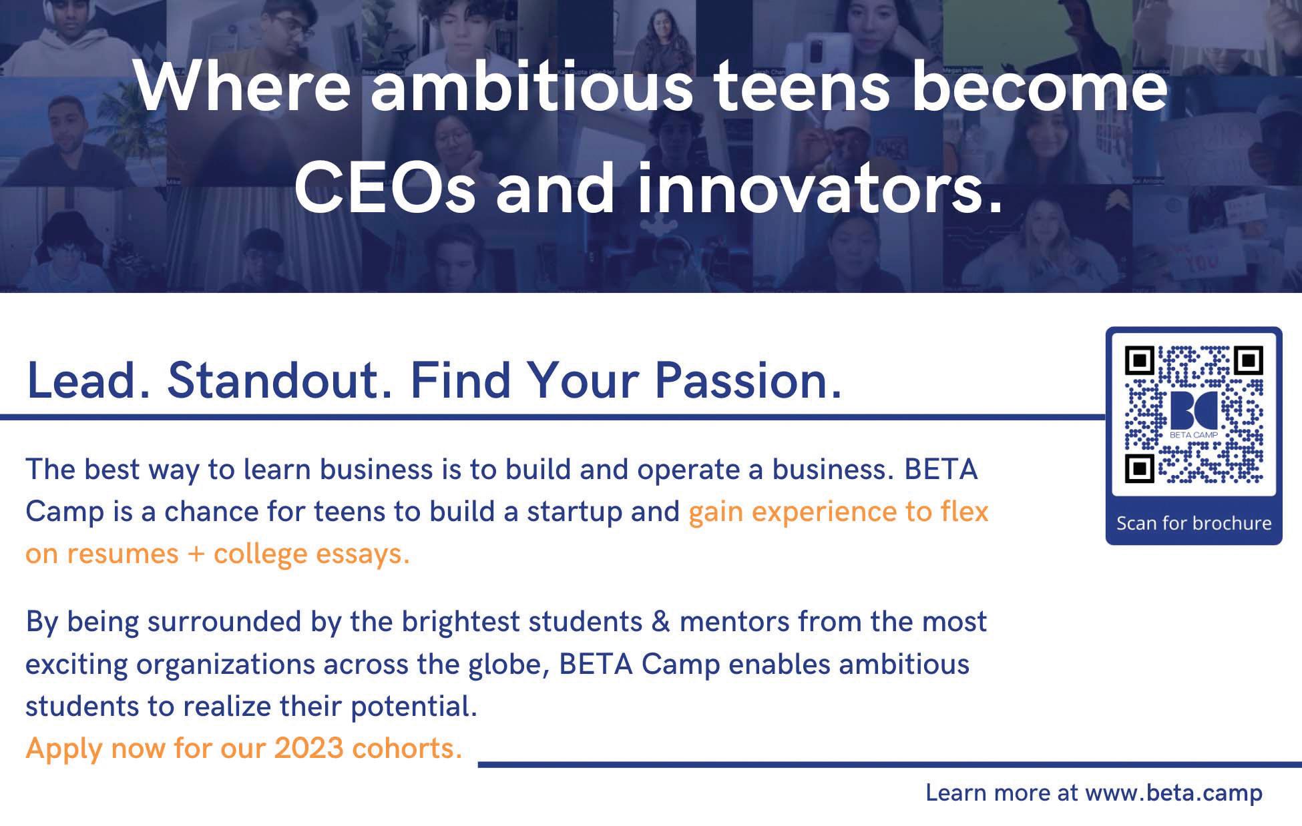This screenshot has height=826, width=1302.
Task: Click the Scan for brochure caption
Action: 1194,523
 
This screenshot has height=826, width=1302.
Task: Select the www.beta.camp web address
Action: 1174,793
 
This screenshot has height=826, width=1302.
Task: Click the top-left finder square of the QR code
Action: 1140,360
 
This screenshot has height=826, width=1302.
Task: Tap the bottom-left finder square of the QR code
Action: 1140,468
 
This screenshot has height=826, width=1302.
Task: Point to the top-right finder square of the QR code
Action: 1248,360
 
